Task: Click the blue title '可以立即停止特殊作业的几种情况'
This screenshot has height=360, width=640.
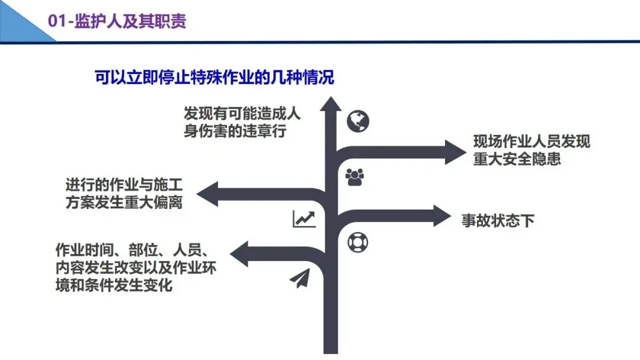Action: pos(215,78)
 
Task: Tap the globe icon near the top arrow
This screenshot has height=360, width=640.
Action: pos(358,121)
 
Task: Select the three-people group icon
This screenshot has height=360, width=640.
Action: pos(354,176)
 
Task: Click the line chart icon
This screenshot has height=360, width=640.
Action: pos(304,219)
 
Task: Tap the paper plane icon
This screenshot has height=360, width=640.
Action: pos(300,278)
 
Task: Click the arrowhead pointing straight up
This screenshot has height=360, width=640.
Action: pos(331,105)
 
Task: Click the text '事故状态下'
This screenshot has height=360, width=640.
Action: pos(498,221)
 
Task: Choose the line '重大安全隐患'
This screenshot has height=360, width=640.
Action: pos(517,159)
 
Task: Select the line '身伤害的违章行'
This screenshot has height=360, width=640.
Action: pos(235,131)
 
